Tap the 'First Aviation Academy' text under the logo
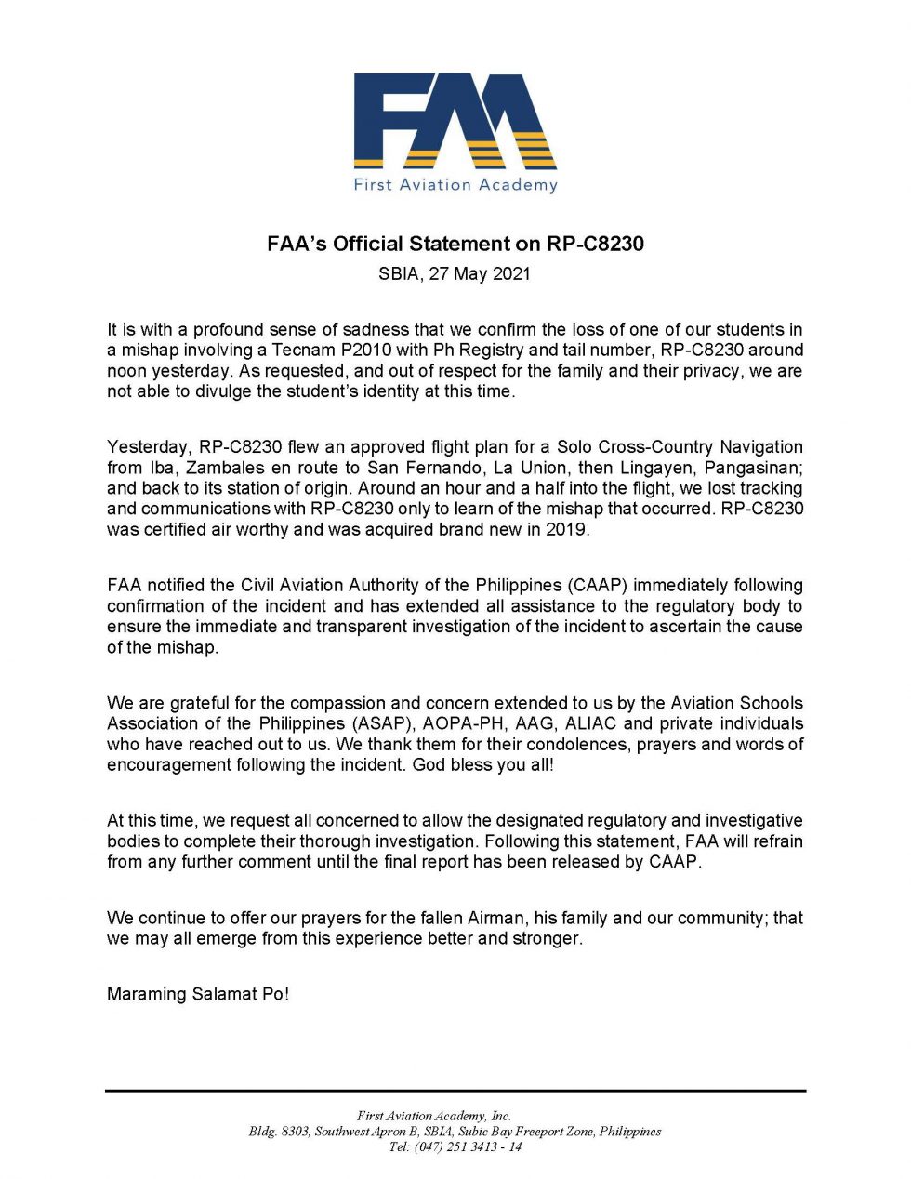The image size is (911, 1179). (455, 184)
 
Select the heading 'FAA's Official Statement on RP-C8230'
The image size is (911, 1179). (455, 244)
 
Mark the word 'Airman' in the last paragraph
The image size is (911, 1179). (495, 918)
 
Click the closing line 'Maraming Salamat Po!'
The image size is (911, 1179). (198, 994)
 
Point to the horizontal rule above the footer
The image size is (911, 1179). (455, 1090)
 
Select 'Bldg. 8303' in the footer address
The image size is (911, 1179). (278, 1132)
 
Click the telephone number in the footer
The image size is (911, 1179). (469, 1147)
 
